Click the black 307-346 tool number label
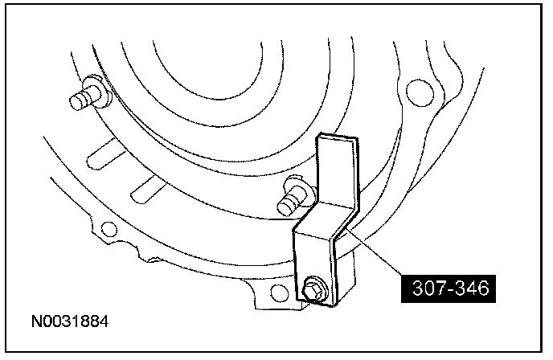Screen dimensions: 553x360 point(449,288)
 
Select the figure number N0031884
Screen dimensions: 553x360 point(70,321)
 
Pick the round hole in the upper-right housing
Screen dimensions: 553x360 point(420,92)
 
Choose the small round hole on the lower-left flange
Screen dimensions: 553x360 point(109,230)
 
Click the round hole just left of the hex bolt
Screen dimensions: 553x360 point(279,293)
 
